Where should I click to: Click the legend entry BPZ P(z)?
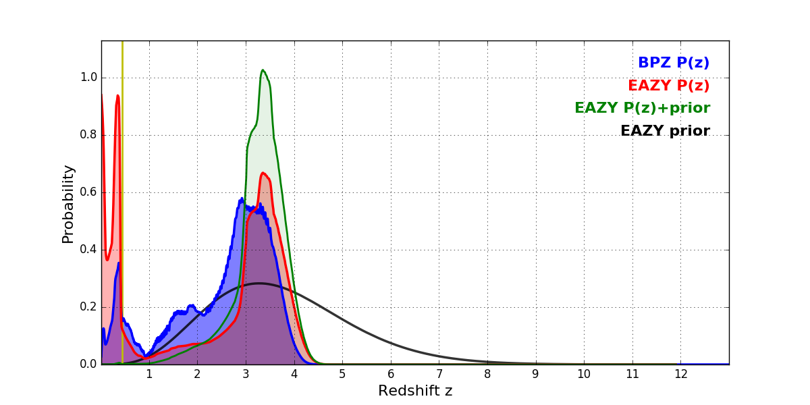pyautogui.click(x=673, y=63)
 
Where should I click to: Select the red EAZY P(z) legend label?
pyautogui.click(x=668, y=86)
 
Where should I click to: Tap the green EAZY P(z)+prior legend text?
pyautogui.click(x=642, y=108)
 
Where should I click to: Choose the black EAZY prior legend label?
pyautogui.click(x=665, y=131)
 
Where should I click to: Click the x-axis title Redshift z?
pyautogui.click(x=415, y=391)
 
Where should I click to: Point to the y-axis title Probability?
pyautogui.click(x=68, y=203)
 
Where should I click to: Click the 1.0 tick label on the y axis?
pyautogui.click(x=88, y=78)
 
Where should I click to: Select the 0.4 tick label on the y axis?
pyautogui.click(x=88, y=250)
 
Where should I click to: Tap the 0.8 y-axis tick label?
pyautogui.click(x=88, y=135)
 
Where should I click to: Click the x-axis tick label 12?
pyautogui.click(x=680, y=374)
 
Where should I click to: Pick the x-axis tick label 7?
pyautogui.click(x=439, y=374)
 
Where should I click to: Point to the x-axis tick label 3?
pyautogui.click(x=246, y=374)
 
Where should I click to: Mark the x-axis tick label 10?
pyautogui.click(x=584, y=374)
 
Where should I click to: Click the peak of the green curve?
pyautogui.click(x=263, y=70)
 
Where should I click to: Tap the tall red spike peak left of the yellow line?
pyautogui.click(x=117, y=96)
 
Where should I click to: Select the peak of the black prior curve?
pyautogui.click(x=259, y=283)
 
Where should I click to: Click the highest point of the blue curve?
pyautogui.click(x=242, y=198)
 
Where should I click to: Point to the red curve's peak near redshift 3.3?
pyautogui.click(x=263, y=173)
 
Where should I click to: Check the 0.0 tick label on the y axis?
pyautogui.click(x=88, y=364)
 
